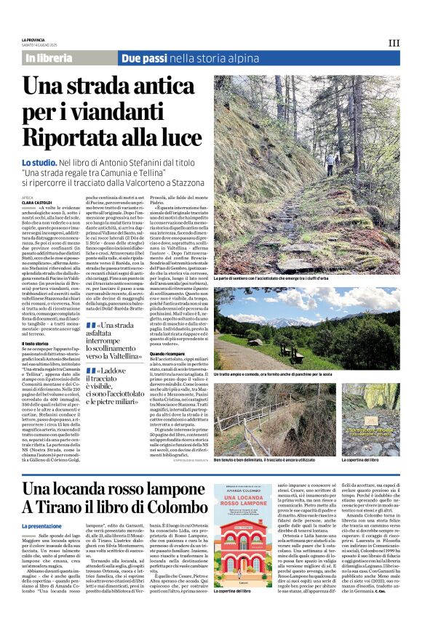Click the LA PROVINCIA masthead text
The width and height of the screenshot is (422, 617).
tap(33, 39)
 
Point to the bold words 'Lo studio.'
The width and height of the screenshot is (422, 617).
tap(39, 162)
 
